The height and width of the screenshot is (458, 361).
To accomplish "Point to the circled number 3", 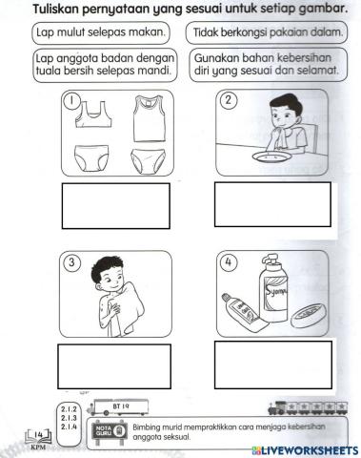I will point(68,264).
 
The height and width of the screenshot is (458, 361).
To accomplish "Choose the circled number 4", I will point(228,264).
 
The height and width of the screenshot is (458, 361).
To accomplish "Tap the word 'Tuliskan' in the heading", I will point(59,9).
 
